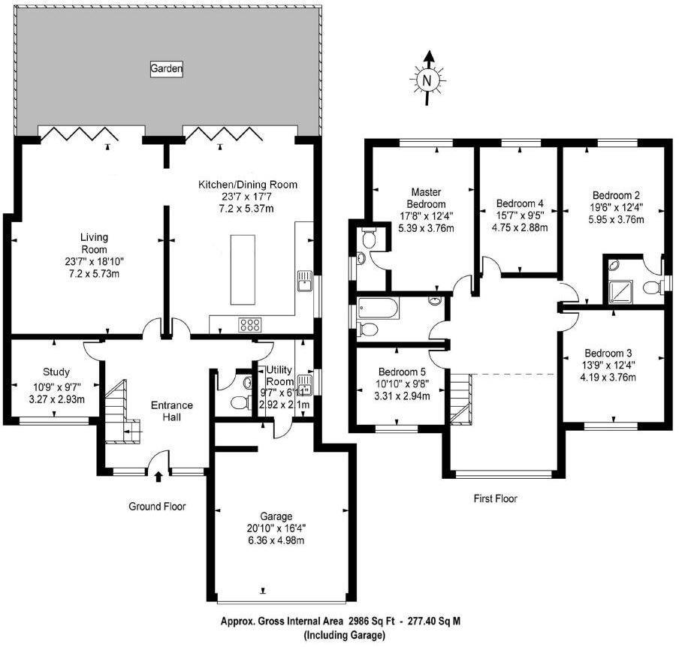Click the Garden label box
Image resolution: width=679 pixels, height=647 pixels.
pyautogui.click(x=167, y=69)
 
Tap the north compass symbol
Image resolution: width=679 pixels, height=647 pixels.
pyautogui.click(x=428, y=77)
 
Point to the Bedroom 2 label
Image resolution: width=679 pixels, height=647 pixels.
pyautogui.click(x=615, y=193)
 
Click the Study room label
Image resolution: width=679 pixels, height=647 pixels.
pyautogui.click(x=56, y=372)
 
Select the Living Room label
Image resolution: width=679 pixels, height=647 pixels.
pyautogui.click(x=95, y=243)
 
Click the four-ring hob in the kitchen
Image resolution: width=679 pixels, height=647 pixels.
pyautogui.click(x=249, y=325)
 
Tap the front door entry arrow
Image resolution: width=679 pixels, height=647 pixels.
pyautogui.click(x=158, y=476)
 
